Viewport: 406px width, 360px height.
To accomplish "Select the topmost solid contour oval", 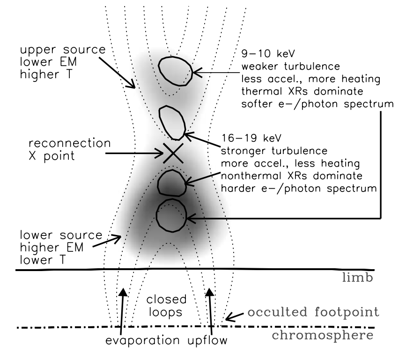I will pos(175,71).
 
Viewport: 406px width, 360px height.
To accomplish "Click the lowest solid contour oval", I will pos(171,215).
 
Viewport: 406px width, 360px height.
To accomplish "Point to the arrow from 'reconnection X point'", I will pos(134,152).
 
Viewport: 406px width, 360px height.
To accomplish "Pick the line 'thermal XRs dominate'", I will pos(303,88).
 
